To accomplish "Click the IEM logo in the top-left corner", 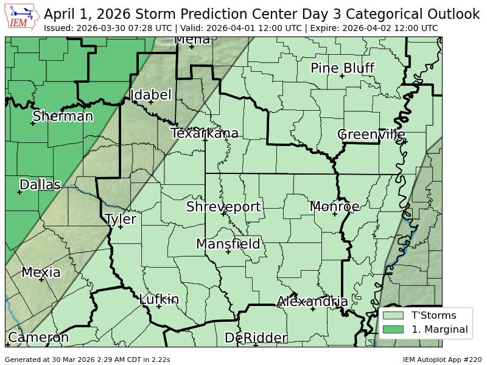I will tap(21, 16).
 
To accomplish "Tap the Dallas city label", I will tap(40, 184).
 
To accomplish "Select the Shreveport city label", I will tap(223, 207).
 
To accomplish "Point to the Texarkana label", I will tap(205, 133).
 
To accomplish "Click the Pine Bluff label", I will tap(342, 68).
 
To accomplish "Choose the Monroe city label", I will tap(335, 206).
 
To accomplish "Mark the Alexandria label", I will tap(312, 301).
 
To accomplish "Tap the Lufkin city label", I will tap(159, 299).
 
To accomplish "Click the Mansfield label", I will tap(228, 244).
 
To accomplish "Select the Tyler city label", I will tap(121, 219).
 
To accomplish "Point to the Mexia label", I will tap(41, 272).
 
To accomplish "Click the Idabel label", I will tap(151, 95).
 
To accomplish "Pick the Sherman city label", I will tap(63, 116).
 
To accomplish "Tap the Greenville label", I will tap(371, 134).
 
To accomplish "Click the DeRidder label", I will tap(256, 338).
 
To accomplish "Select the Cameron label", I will tap(38, 337).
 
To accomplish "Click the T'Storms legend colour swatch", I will tap(393, 316).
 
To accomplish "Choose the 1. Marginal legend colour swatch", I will tap(393, 330).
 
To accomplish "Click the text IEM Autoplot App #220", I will tap(442, 360).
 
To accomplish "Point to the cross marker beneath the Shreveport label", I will tap(223, 214).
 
